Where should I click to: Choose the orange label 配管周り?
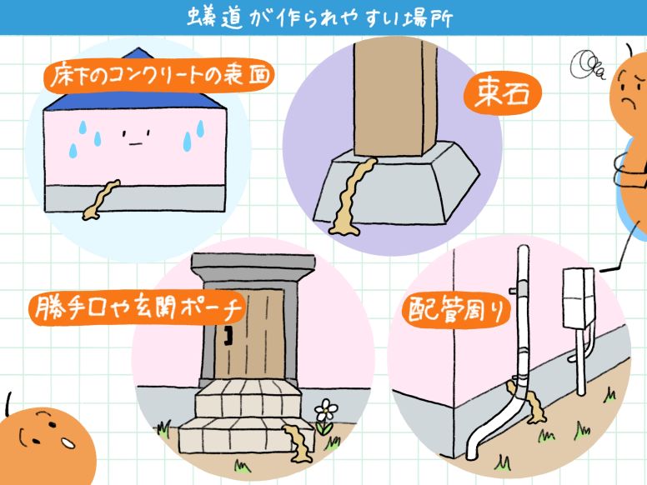(456, 309)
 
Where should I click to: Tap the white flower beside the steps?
(326, 411)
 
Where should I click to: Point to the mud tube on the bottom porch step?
(297, 438)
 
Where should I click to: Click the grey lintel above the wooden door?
(253, 265)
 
